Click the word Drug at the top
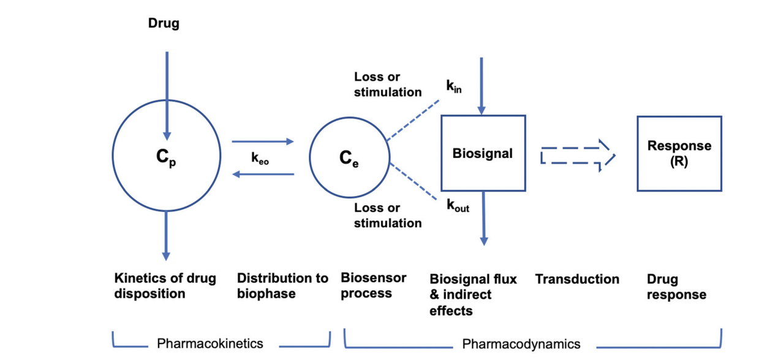point(164,24)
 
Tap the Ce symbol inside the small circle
point(349,159)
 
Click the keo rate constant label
point(260,158)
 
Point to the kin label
point(454,87)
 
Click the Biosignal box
point(483,153)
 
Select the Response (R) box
point(679,153)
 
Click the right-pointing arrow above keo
point(263,142)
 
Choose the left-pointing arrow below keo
point(263,174)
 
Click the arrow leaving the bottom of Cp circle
point(166,236)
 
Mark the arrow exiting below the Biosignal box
point(483,218)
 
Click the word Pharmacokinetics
point(210,343)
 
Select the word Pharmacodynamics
point(521,343)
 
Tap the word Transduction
point(577,279)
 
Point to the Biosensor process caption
point(373,286)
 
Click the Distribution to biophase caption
point(282,286)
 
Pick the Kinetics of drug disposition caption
point(165,286)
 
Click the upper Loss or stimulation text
point(388,84)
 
